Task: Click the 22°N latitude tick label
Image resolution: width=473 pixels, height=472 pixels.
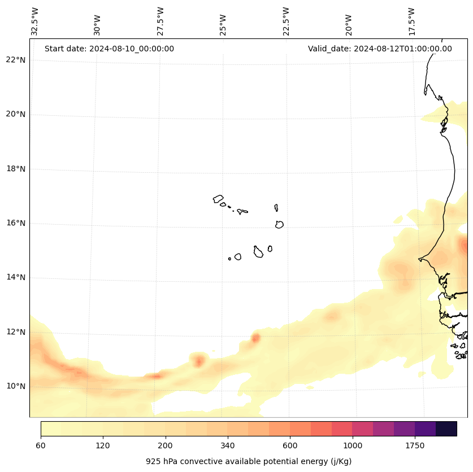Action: [x=16, y=60]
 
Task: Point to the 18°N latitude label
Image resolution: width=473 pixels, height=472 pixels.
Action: [x=16, y=169]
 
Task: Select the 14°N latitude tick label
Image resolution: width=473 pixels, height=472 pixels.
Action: [x=16, y=278]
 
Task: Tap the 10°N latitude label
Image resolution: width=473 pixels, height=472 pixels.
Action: [x=16, y=387]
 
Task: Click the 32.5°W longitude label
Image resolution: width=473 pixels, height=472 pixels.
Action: [x=35, y=21]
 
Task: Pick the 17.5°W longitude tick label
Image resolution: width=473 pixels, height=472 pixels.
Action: [x=411, y=21]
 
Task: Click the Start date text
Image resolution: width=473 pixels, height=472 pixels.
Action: [x=109, y=49]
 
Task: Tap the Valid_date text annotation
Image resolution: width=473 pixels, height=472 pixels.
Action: [x=380, y=49]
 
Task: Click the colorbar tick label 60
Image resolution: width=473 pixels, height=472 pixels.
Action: [x=41, y=446]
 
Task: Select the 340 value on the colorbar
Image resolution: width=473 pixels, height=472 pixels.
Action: [x=228, y=446]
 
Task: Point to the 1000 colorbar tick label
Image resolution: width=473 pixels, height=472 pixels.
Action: [x=353, y=446]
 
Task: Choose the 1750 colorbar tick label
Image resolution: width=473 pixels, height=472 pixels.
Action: [x=415, y=446]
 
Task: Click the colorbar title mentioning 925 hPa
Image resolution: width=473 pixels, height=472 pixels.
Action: [x=249, y=461]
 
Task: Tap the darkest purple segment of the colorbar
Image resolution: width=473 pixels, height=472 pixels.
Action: [x=446, y=429]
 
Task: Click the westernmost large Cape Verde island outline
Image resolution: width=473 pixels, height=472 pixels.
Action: [x=218, y=199]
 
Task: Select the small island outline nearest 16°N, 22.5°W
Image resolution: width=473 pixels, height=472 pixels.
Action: [x=279, y=224]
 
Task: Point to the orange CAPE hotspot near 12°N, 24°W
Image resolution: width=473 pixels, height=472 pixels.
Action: [x=255, y=338]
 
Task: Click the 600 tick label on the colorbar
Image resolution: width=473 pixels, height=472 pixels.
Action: [x=290, y=446]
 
